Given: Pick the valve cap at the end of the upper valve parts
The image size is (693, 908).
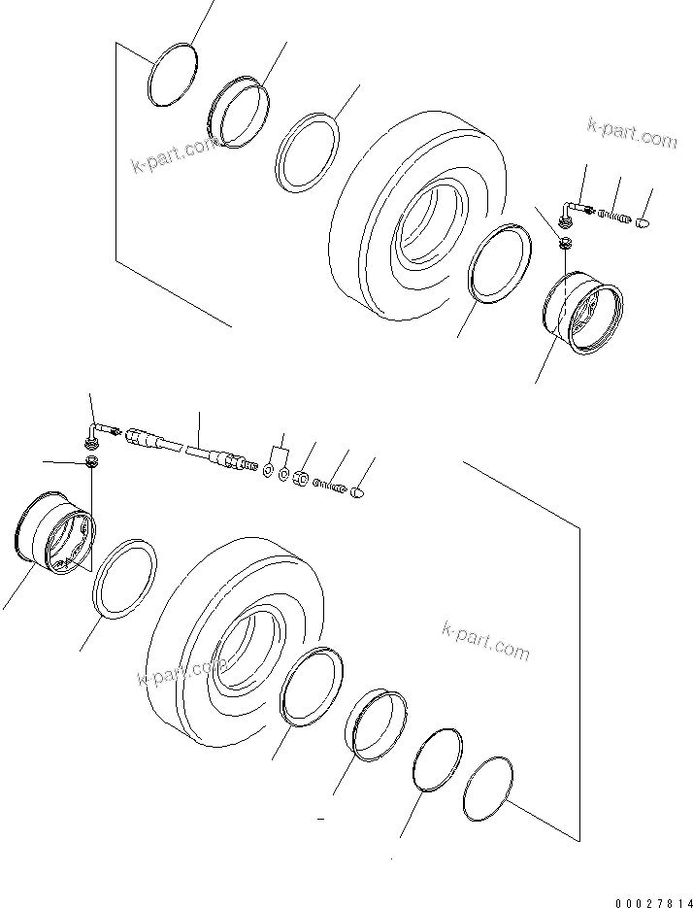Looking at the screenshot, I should coord(641,225).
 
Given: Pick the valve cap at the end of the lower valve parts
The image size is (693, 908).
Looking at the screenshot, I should coord(356,493).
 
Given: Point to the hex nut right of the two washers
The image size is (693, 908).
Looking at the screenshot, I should coord(302,478).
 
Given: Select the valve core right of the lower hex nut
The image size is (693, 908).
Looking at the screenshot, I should coord(330,486).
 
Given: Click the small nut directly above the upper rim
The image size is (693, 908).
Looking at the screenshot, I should coord(566,243).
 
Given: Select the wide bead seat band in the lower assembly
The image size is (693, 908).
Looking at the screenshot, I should coord(373,723).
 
